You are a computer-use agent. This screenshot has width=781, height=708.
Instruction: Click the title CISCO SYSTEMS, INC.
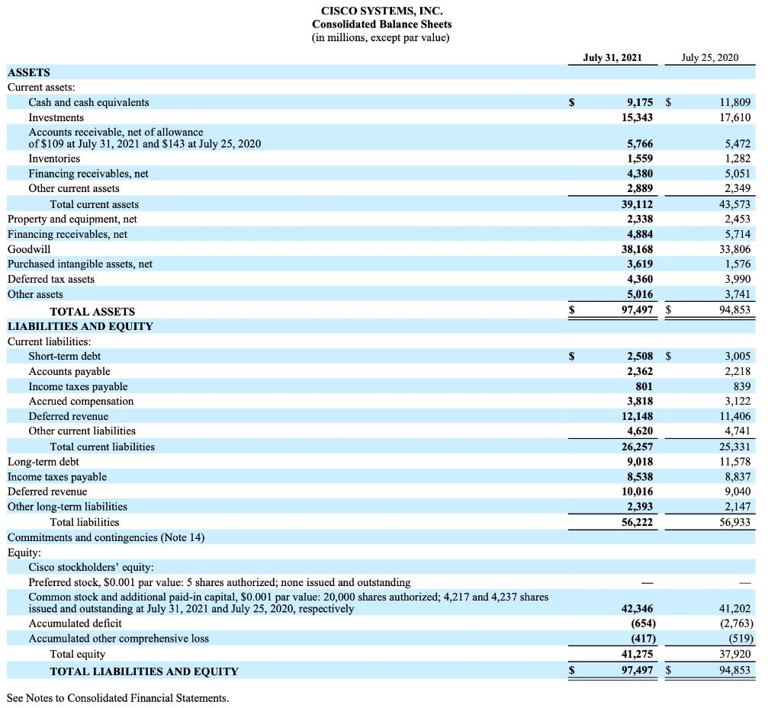pyautogui.click(x=381, y=11)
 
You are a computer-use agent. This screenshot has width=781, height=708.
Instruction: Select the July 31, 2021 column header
pyautogui.click(x=612, y=57)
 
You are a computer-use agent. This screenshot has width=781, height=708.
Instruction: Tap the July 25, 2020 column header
pyautogui.click(x=709, y=57)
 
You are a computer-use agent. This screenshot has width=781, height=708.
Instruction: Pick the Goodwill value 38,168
pyautogui.click(x=635, y=249)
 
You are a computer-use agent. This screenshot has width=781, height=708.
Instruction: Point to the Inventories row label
pyautogui.click(x=54, y=159)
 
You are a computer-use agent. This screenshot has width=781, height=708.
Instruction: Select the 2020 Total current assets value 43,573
pyautogui.click(x=735, y=204)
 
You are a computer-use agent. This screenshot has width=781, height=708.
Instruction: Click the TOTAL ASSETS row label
pyautogui.click(x=92, y=311)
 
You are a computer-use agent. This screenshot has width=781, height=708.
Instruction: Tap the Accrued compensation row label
pyautogui.click(x=81, y=401)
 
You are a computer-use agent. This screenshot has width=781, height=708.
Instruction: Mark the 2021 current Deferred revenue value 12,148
pyautogui.click(x=635, y=416)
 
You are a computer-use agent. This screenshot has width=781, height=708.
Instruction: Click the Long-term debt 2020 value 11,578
pyautogui.click(x=735, y=462)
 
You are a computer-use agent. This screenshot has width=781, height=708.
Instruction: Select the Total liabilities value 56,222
pyautogui.click(x=635, y=522)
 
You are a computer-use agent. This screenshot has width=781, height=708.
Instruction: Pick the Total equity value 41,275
pyautogui.click(x=635, y=654)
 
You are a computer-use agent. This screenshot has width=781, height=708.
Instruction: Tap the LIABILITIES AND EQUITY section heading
pyautogui.click(x=80, y=326)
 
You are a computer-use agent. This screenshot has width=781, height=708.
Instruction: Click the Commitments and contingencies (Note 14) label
pyautogui.click(x=106, y=537)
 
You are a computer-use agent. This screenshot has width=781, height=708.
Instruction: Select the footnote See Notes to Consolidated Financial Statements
pyautogui.click(x=117, y=698)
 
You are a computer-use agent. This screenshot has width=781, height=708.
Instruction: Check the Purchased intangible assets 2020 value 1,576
pyautogui.click(x=738, y=264)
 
